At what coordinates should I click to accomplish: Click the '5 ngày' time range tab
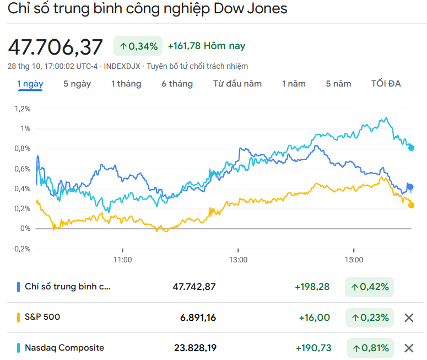(77, 84)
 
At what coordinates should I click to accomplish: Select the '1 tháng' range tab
(126, 84)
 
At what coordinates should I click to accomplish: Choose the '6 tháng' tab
(177, 84)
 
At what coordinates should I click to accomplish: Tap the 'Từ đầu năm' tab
(237, 84)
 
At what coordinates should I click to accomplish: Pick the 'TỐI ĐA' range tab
(386, 84)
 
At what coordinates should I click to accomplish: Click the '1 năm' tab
(294, 84)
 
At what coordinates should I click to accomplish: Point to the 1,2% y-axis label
(23, 109)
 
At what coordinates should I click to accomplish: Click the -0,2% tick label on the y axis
(21, 248)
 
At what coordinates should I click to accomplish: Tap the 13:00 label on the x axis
(238, 259)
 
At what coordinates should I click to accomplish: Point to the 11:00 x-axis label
(122, 259)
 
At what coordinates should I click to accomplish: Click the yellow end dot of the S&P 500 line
(411, 205)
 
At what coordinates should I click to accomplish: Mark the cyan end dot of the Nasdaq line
(411, 148)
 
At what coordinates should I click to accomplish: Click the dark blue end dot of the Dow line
(410, 187)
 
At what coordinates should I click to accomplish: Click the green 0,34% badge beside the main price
(138, 46)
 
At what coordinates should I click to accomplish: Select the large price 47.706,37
(55, 47)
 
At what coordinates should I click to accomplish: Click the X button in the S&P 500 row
(409, 318)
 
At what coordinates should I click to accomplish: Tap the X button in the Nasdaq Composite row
(409, 348)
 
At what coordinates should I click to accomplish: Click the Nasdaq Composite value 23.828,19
(195, 348)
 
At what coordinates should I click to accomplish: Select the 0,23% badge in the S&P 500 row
(370, 318)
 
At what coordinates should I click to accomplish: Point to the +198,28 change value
(312, 287)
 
